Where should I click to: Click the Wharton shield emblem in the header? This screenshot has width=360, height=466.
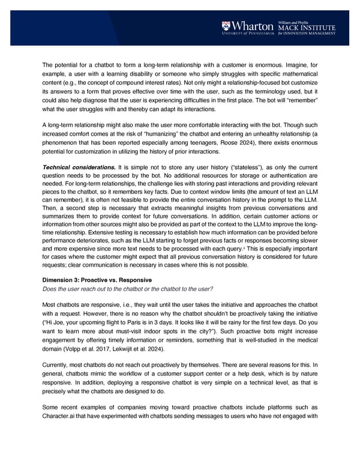tap(226, 26)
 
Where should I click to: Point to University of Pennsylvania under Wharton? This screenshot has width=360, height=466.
tap(248, 33)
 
